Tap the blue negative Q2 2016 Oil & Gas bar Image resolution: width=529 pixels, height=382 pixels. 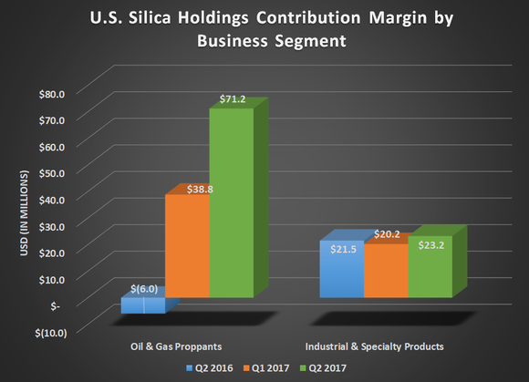click(x=143, y=305)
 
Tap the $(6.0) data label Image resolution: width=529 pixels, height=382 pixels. click(x=144, y=289)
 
